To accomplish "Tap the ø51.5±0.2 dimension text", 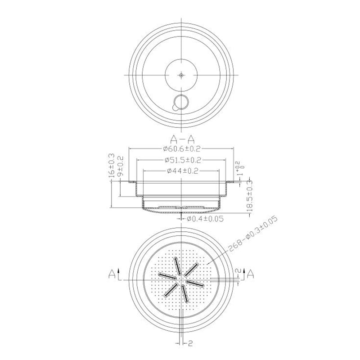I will pos(182,160).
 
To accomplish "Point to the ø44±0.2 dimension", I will pos(182,171).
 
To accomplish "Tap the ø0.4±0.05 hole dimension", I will pos(205,219).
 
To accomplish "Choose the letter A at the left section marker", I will pos(111,274).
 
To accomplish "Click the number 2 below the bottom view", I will pos(191,344).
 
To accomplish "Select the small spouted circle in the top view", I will pos(181,103).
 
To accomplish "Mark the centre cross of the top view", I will pos(181,76).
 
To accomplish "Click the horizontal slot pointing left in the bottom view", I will pos(167,274).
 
